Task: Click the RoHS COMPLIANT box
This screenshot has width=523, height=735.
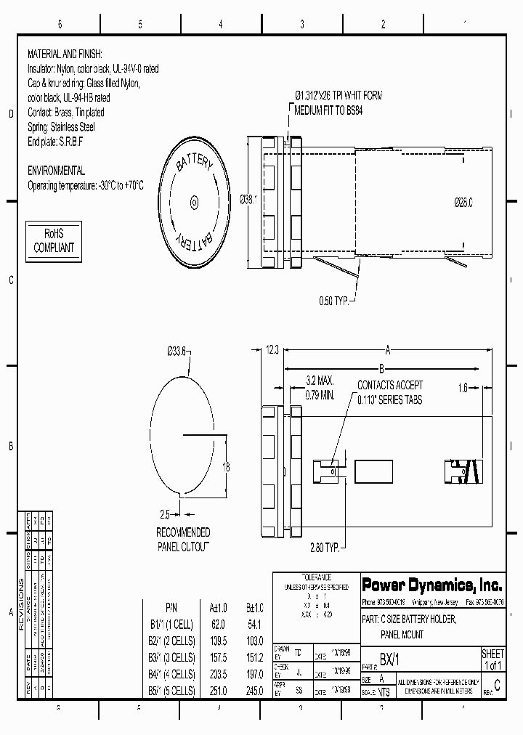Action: click(54, 241)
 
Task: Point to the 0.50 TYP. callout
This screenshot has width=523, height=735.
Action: click(334, 300)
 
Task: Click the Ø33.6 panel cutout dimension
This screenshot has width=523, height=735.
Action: click(177, 352)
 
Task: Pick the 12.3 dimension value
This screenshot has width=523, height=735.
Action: click(272, 350)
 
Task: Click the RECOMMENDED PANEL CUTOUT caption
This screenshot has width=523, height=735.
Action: click(183, 539)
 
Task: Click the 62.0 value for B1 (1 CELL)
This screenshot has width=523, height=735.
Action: click(217, 623)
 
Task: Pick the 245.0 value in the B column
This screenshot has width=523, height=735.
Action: click(255, 690)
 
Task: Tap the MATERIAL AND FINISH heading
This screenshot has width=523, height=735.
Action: click(65, 54)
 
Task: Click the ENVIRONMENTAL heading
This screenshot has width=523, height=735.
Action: click(56, 171)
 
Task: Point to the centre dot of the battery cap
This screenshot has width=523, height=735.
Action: click(194, 202)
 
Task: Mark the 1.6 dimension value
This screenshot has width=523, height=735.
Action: click(463, 388)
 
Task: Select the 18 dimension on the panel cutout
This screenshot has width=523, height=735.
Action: click(226, 468)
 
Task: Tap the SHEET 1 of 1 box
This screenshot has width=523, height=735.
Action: click(492, 659)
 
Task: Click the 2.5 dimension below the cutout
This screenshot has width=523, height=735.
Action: click(166, 513)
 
